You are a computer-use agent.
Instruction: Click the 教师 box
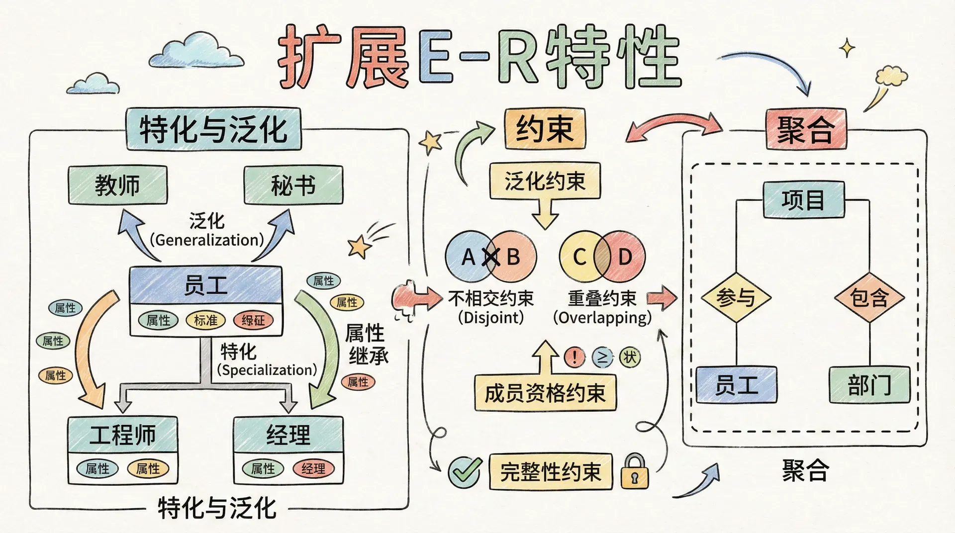pos(117,185)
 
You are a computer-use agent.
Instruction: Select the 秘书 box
pos(293,185)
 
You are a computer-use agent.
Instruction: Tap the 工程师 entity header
pos(122,435)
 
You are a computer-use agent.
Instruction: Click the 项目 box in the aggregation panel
pos(803,200)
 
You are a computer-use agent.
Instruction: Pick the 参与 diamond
pos(736,298)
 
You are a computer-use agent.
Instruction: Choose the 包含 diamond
pos(869,298)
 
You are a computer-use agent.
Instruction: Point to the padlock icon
pos(635,471)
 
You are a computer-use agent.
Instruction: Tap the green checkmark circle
pos(465,472)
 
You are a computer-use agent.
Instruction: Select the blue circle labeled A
pos(465,257)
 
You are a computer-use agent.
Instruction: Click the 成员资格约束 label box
pos(545,393)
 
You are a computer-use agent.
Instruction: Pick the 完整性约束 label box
pos(550,471)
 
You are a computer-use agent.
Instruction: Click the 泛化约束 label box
pos(545,181)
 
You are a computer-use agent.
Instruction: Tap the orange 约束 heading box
pos(545,129)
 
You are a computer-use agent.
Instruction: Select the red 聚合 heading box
pos(805,129)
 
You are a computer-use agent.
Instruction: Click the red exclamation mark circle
pos(574,357)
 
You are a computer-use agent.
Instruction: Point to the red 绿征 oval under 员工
pos(253,321)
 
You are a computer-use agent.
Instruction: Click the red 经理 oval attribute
pos(313,468)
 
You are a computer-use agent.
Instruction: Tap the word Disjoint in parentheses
pos(491,318)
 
